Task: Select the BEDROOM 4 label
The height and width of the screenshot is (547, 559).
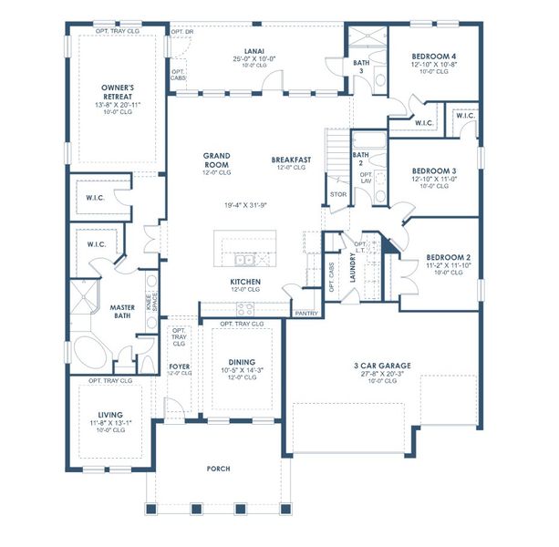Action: click(x=434, y=57)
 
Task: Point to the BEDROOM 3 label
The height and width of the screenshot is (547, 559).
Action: click(x=434, y=170)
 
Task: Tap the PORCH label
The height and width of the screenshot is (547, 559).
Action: click(x=218, y=469)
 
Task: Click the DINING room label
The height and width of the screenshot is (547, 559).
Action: click(x=243, y=361)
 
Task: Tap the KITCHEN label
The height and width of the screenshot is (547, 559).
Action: click(x=246, y=281)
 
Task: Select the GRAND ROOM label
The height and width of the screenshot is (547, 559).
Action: click(x=216, y=160)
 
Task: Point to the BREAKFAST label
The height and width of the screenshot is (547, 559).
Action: click(x=291, y=160)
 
